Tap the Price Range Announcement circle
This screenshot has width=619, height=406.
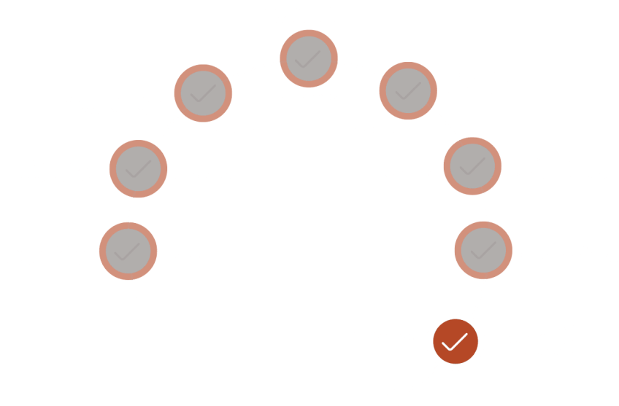point(137,170)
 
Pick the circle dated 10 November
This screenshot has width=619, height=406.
point(309,58)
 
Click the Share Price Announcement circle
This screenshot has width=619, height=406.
point(407,90)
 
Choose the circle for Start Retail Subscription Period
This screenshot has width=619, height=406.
point(472,166)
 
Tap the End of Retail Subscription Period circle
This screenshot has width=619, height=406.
point(483,251)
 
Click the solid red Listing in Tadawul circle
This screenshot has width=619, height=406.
point(455,341)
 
